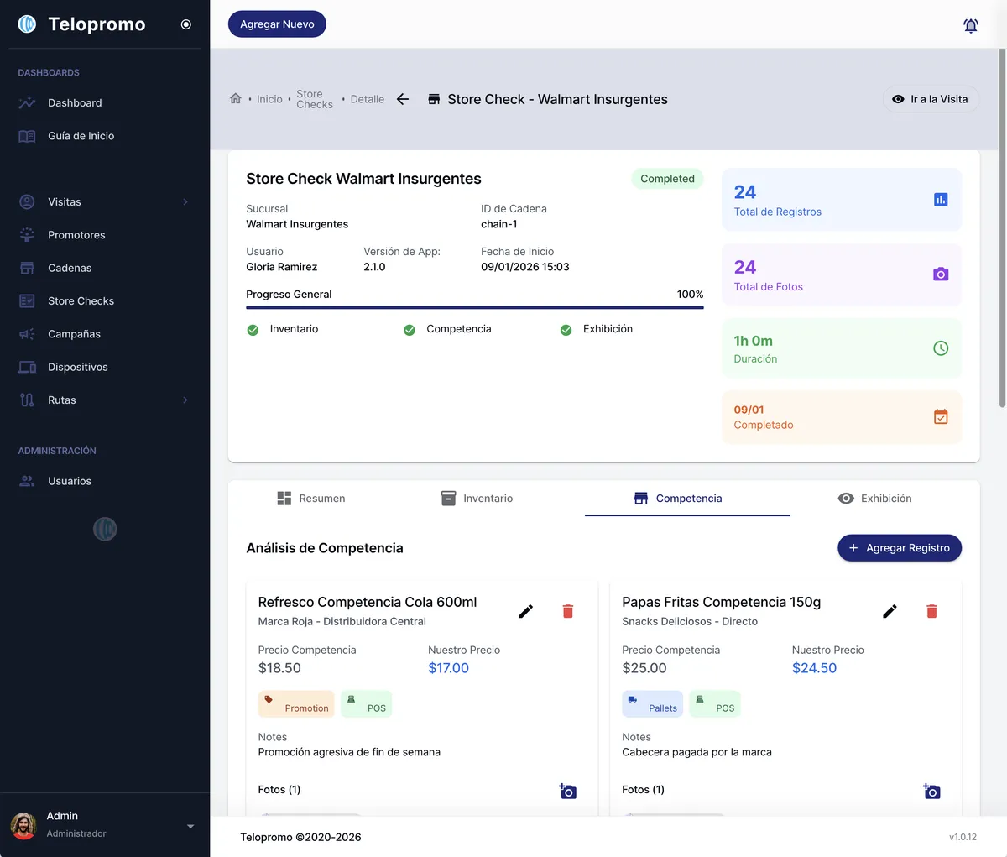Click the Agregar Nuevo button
click(277, 24)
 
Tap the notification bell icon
click(970, 25)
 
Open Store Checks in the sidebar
click(81, 300)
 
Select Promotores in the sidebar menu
click(76, 235)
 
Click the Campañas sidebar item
click(74, 334)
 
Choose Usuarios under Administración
click(70, 481)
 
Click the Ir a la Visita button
click(930, 99)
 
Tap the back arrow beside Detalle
click(403, 99)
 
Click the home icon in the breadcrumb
click(236, 98)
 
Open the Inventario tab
click(477, 499)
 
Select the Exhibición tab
click(874, 499)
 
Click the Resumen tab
click(311, 499)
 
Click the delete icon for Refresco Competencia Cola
click(567, 611)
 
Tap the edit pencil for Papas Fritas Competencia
click(890, 611)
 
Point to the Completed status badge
click(667, 179)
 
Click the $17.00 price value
click(448, 668)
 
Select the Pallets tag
click(652, 704)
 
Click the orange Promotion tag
click(296, 704)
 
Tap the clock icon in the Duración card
click(941, 348)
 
